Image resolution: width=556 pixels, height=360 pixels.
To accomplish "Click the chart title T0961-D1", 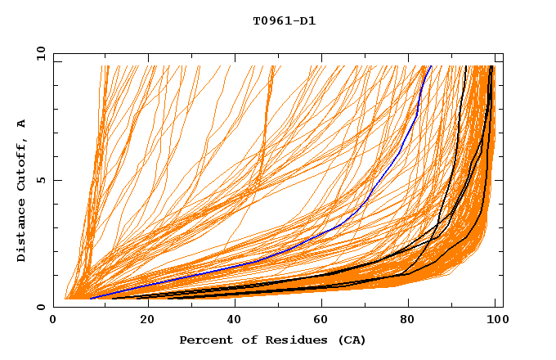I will point(284,21).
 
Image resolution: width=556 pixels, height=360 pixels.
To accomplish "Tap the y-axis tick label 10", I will point(40,55).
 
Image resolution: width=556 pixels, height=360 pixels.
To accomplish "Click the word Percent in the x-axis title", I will point(204,340).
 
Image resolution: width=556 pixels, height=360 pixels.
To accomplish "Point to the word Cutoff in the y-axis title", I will point(22,164).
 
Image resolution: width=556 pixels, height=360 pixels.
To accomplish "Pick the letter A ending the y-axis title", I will point(22,124).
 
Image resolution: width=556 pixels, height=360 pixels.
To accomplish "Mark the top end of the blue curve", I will point(432,66).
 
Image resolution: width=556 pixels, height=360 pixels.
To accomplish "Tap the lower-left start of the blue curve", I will point(90,299).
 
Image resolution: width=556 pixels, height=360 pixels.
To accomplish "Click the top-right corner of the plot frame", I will point(502,54).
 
